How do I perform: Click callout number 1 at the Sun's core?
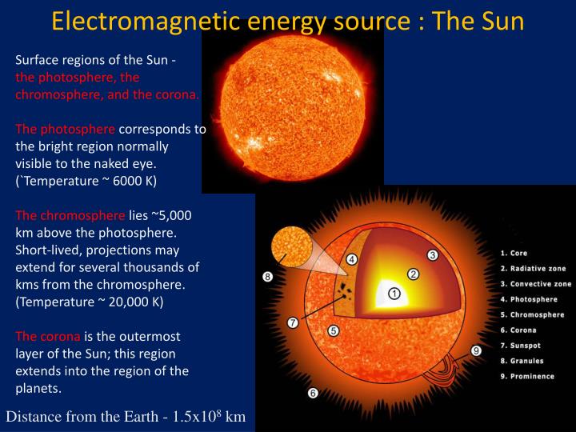[x=394, y=294]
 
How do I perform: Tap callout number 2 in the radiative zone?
[x=414, y=274]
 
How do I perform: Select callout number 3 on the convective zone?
[x=433, y=255]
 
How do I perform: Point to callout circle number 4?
[x=352, y=259]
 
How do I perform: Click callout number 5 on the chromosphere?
[x=334, y=330]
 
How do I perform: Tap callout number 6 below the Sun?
[x=313, y=393]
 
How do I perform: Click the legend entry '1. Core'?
[x=514, y=254]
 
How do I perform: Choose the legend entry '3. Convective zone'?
[x=535, y=284]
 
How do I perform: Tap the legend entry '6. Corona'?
[x=518, y=330]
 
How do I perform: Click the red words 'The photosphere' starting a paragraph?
[x=66, y=129]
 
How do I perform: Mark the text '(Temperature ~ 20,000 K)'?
[x=90, y=302]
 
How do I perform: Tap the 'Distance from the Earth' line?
[x=126, y=417]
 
